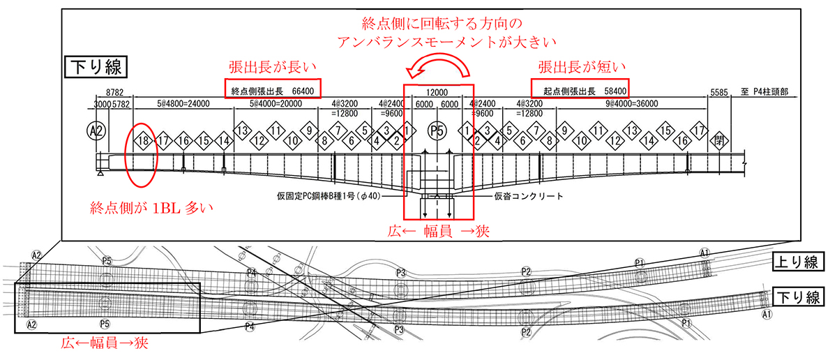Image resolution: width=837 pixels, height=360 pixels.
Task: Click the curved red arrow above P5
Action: (x=438, y=70)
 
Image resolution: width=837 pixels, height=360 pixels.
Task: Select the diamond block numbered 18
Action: (x=144, y=140)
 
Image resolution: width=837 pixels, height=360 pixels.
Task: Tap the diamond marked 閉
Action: (x=719, y=140)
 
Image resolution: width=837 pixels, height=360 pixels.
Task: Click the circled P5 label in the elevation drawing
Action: (x=437, y=131)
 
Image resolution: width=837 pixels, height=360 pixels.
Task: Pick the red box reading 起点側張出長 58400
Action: (x=580, y=89)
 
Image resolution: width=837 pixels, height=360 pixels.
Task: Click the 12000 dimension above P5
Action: (x=437, y=92)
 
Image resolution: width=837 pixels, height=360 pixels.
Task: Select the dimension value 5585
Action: (x=718, y=92)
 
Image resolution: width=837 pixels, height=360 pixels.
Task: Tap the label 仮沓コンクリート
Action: (x=529, y=196)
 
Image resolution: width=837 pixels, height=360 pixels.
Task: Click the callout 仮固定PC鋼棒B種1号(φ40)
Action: (x=333, y=196)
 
